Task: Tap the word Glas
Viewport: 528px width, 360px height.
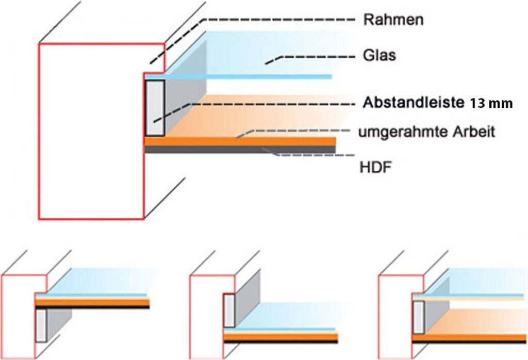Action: coord(379,55)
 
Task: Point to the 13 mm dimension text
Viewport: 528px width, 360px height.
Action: coord(491,104)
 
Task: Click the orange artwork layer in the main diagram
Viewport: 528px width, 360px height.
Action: coord(240,141)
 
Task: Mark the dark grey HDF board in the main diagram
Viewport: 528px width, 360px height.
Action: coord(240,150)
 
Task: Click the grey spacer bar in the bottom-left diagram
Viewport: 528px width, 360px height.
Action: coord(41,325)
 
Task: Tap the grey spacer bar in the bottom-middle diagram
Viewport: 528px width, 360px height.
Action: coord(229,310)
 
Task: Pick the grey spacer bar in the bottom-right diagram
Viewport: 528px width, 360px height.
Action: coord(418,317)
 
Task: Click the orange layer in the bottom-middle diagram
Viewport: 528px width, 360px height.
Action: coord(281,337)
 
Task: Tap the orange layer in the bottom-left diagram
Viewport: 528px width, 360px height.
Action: coord(93,301)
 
